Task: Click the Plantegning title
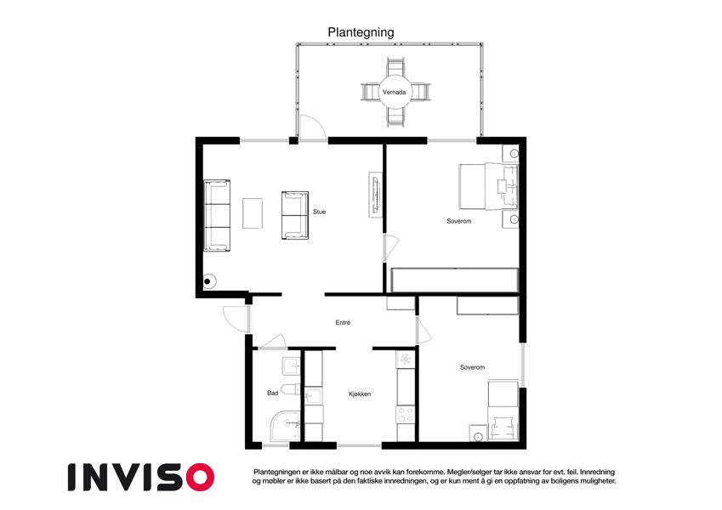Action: [x=361, y=32]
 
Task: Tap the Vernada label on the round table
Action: [x=394, y=92]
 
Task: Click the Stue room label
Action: [x=319, y=212]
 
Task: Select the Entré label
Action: [x=343, y=323]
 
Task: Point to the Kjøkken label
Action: [x=360, y=394]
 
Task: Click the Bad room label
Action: [x=273, y=393]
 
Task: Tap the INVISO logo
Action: [x=141, y=477]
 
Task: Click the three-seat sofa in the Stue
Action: [x=217, y=215]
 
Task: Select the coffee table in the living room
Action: [x=253, y=213]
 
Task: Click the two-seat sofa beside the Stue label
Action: [x=295, y=215]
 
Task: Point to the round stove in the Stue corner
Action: [x=208, y=281]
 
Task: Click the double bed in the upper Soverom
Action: [x=488, y=187]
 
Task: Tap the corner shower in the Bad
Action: [x=285, y=426]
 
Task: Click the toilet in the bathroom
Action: [x=291, y=389]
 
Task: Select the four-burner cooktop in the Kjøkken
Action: [x=405, y=414]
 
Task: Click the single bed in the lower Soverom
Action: [x=503, y=410]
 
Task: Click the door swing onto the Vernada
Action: [x=313, y=127]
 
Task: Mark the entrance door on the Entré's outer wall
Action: [x=236, y=319]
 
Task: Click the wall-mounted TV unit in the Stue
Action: [x=376, y=195]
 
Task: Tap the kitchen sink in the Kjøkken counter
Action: [x=314, y=396]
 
